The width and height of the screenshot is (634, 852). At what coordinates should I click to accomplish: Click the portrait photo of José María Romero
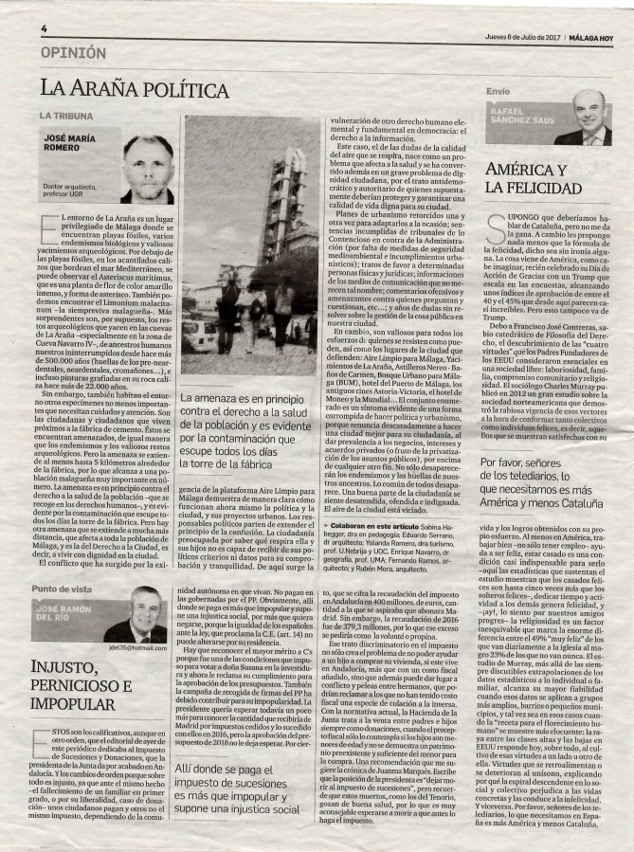tap(148, 170)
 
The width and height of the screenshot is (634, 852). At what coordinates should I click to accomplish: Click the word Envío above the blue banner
tap(497, 91)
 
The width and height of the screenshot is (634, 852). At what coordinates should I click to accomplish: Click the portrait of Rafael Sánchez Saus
tap(589, 118)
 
